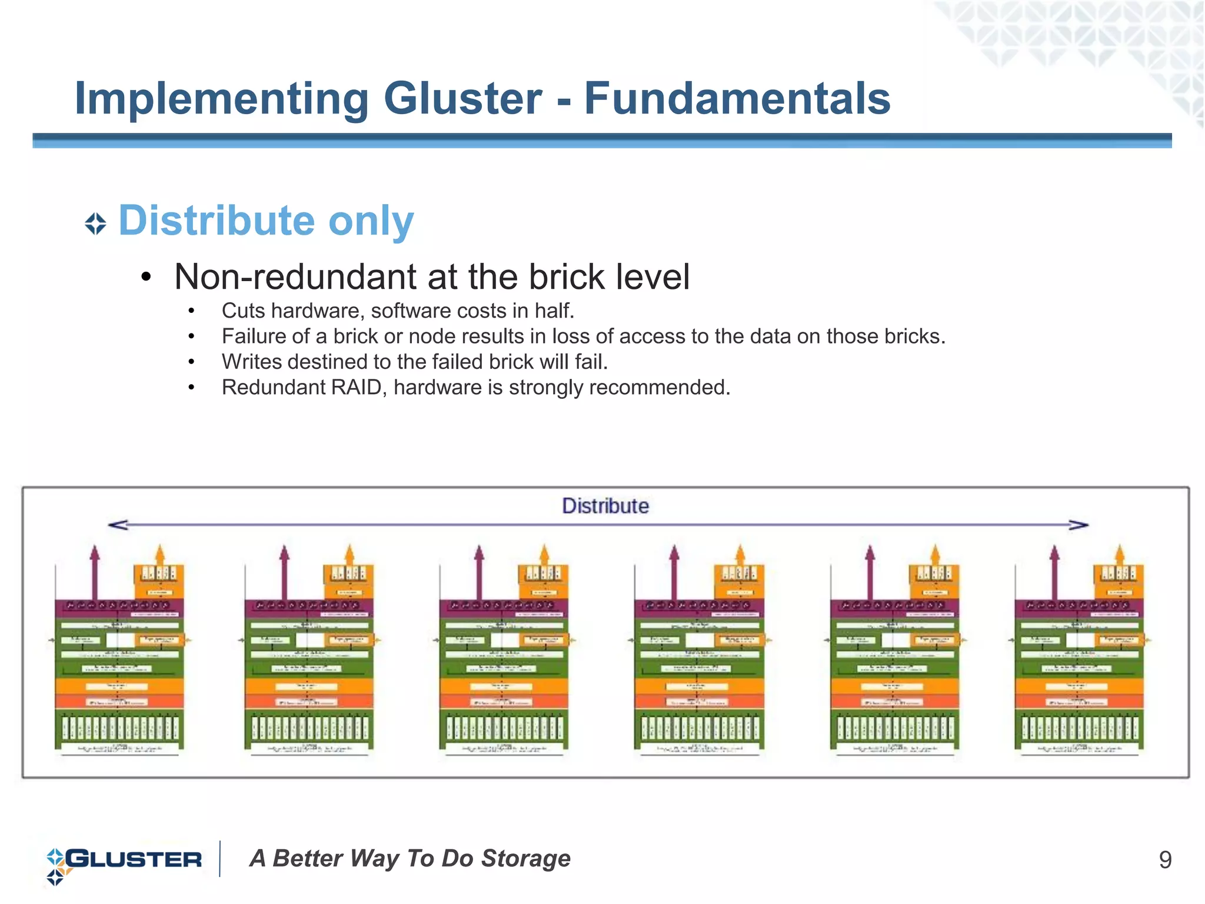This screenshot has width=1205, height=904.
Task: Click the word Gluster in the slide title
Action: click(x=462, y=98)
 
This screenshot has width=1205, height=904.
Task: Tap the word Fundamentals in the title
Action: click(x=737, y=98)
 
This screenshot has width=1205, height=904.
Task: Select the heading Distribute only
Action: click(x=266, y=221)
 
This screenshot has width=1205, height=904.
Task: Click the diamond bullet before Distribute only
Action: click(x=95, y=224)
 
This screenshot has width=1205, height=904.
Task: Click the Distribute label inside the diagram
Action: click(x=605, y=506)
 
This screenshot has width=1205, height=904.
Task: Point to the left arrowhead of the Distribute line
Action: click(x=116, y=525)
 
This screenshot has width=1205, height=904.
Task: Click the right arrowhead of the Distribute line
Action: click(x=1080, y=525)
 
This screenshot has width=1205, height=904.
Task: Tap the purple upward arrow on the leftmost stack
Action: click(x=95, y=571)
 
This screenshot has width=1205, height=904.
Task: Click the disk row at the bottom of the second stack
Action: click(x=309, y=728)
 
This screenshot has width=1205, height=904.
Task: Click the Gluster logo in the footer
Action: click(x=124, y=860)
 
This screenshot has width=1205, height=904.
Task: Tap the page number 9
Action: click(x=1165, y=860)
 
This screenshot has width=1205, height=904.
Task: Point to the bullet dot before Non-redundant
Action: click(x=147, y=278)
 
